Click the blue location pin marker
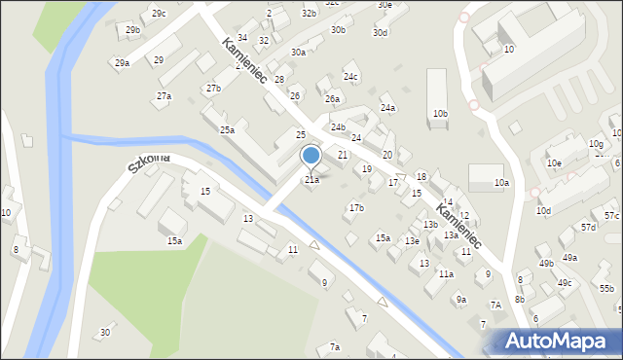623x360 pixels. [311, 156]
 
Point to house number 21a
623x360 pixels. [311, 180]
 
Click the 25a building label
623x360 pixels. [227, 130]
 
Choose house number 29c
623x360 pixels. [159, 14]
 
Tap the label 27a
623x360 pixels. [165, 96]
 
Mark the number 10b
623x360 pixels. [440, 114]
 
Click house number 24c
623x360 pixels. [350, 77]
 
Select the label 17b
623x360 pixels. [356, 208]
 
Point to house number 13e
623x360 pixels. [413, 241]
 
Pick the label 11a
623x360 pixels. [446, 274]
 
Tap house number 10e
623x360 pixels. [554, 163]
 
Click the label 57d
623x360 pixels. [589, 228]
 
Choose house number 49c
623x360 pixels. [565, 283]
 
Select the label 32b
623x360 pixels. [309, 14]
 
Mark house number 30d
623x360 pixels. [381, 33]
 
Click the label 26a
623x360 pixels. [333, 99]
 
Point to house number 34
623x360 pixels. [242, 38]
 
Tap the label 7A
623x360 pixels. [495, 306]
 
